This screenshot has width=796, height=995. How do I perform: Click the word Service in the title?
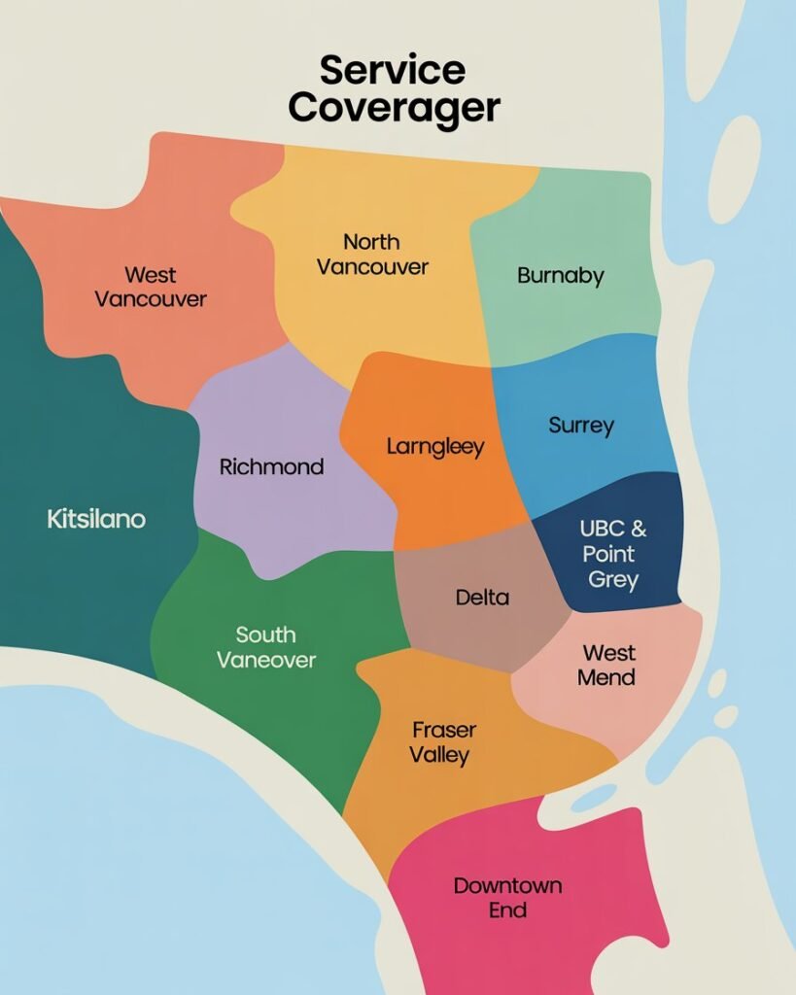click(393, 70)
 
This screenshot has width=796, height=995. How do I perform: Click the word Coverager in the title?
click(394, 108)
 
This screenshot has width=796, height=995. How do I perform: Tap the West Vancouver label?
click(151, 287)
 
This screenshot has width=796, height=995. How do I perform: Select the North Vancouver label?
click(372, 254)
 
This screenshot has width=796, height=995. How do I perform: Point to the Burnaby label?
click(561, 276)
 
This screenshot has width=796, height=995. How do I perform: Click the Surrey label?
click(581, 426)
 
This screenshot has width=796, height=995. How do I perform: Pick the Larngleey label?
click(435, 448)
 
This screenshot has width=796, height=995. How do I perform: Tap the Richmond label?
click(271, 467)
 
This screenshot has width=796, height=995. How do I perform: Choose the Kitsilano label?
click(96, 519)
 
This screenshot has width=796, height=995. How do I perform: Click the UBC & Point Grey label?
click(613, 555)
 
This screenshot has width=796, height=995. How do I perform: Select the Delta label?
click(482, 598)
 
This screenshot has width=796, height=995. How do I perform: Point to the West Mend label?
click(606, 665)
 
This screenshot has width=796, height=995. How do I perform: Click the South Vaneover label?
click(266, 647)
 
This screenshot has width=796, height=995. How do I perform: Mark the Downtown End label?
click(507, 898)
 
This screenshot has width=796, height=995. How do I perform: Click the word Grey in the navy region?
click(613, 580)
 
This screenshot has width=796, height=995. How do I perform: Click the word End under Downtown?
click(507, 910)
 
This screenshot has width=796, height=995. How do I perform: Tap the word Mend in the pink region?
click(606, 677)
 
